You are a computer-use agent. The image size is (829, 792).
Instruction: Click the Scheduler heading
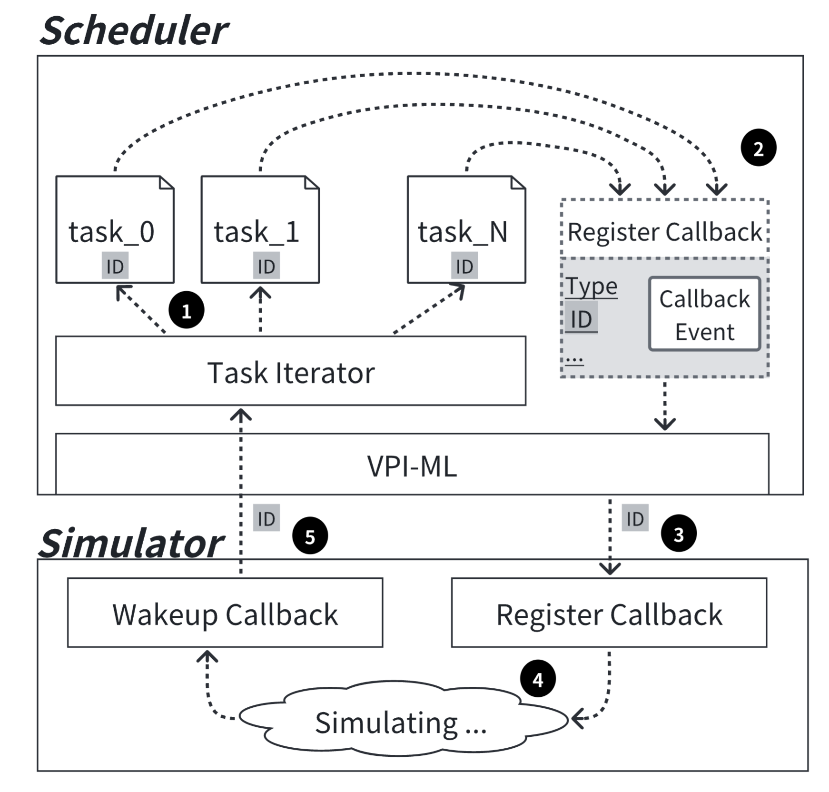[x=135, y=30]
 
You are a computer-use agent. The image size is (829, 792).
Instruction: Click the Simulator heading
[x=131, y=543]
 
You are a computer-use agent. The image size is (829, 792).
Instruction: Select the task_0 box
[x=115, y=229]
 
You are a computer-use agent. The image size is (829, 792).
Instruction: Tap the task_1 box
[x=260, y=229]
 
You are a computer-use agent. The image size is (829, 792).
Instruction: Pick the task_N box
[x=466, y=229]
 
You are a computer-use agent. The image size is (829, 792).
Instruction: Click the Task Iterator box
[x=290, y=371]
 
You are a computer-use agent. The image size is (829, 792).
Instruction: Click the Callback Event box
[x=704, y=315]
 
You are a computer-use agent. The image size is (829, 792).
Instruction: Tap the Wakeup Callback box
[x=225, y=613]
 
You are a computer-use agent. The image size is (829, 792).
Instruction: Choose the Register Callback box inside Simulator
[x=609, y=613]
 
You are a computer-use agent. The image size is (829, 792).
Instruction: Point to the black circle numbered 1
[x=186, y=311]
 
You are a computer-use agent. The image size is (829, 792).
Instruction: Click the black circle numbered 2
[x=758, y=148]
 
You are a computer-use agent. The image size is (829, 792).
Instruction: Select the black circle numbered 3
[x=678, y=534]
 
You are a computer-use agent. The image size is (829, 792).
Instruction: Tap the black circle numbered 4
[x=538, y=679]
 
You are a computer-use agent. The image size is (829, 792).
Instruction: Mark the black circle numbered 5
[x=310, y=536]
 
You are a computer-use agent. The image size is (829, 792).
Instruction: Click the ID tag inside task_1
[x=266, y=266]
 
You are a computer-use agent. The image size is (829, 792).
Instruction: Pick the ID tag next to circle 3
[x=635, y=518]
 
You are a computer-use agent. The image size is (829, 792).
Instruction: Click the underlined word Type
[x=592, y=287]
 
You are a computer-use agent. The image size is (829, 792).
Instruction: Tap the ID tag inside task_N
[x=464, y=266]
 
